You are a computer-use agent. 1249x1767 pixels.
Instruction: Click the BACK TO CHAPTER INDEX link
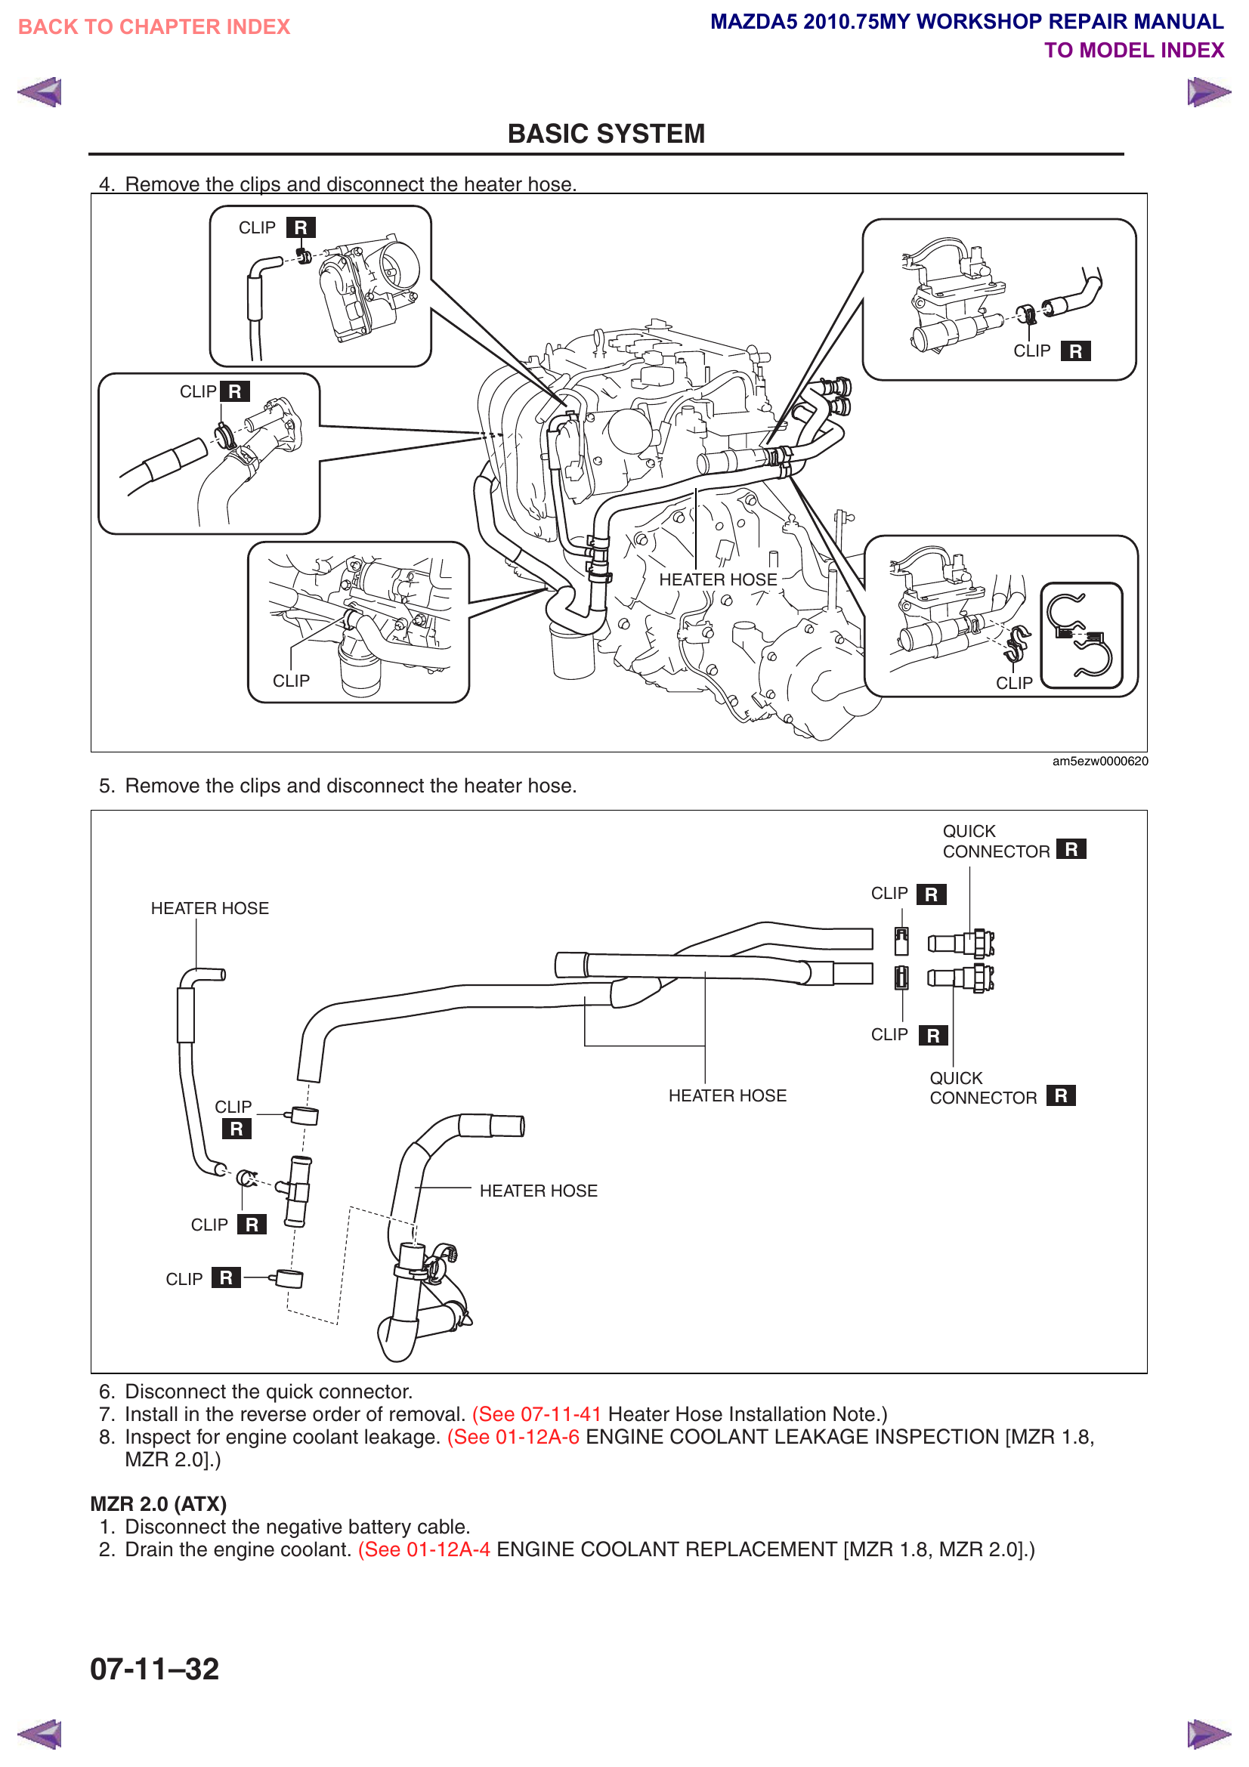click(x=154, y=27)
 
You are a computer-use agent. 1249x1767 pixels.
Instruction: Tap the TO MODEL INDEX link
click(x=1133, y=51)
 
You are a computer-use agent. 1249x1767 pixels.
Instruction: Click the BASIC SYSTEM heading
click(x=606, y=134)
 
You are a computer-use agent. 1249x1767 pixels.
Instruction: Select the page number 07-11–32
click(x=155, y=1669)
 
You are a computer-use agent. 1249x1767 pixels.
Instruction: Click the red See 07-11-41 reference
click(x=536, y=1413)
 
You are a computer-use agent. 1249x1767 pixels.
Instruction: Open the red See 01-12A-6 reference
click(x=512, y=1437)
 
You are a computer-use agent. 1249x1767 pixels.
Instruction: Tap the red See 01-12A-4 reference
click(x=424, y=1549)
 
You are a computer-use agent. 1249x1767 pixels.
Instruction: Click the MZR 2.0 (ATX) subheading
click(x=159, y=1504)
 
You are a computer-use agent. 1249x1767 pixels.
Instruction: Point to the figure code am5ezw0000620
click(x=1099, y=761)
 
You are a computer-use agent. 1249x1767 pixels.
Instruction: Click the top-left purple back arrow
click(x=39, y=92)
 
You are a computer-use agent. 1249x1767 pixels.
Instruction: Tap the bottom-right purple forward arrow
click(x=1208, y=1735)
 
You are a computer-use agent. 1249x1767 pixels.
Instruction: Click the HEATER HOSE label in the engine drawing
click(x=717, y=579)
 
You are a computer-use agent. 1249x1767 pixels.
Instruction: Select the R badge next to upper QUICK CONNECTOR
click(x=1071, y=849)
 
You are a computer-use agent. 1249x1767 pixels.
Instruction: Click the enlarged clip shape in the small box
click(x=1081, y=635)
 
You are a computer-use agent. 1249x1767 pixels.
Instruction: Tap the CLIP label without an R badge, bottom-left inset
click(x=291, y=681)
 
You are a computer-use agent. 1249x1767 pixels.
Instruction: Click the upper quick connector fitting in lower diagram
click(x=962, y=943)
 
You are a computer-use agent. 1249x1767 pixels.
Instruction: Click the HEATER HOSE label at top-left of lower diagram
click(x=209, y=908)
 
